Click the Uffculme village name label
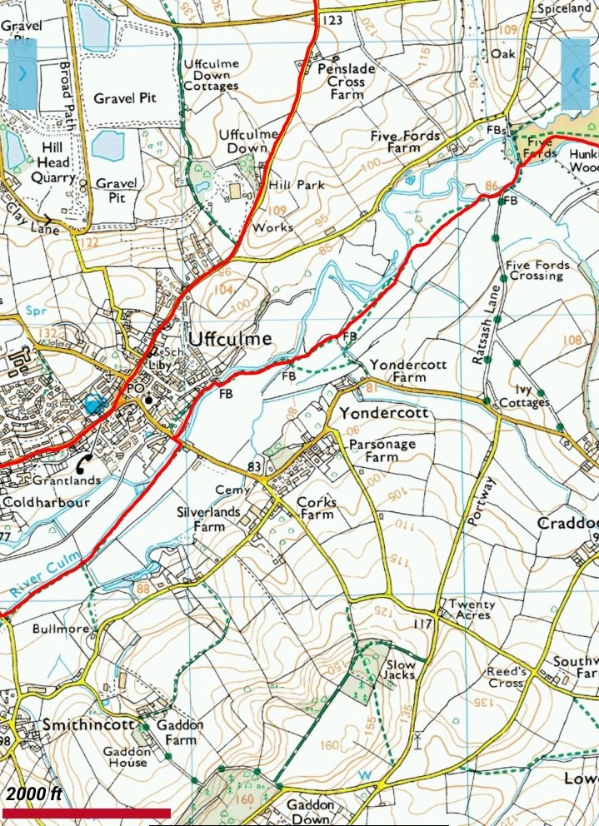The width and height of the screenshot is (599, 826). point(230,339)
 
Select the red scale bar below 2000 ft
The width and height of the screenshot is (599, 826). point(87,813)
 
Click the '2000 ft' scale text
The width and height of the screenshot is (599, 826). point(34,794)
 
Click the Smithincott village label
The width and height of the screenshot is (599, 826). point(88,724)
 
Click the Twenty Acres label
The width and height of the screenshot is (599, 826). point(472,610)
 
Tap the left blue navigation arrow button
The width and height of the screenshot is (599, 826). point(22,74)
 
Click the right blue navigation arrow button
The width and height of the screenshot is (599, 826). point(576,74)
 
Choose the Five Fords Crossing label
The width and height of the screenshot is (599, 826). point(538,271)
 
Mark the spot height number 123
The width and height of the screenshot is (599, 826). point(332,19)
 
